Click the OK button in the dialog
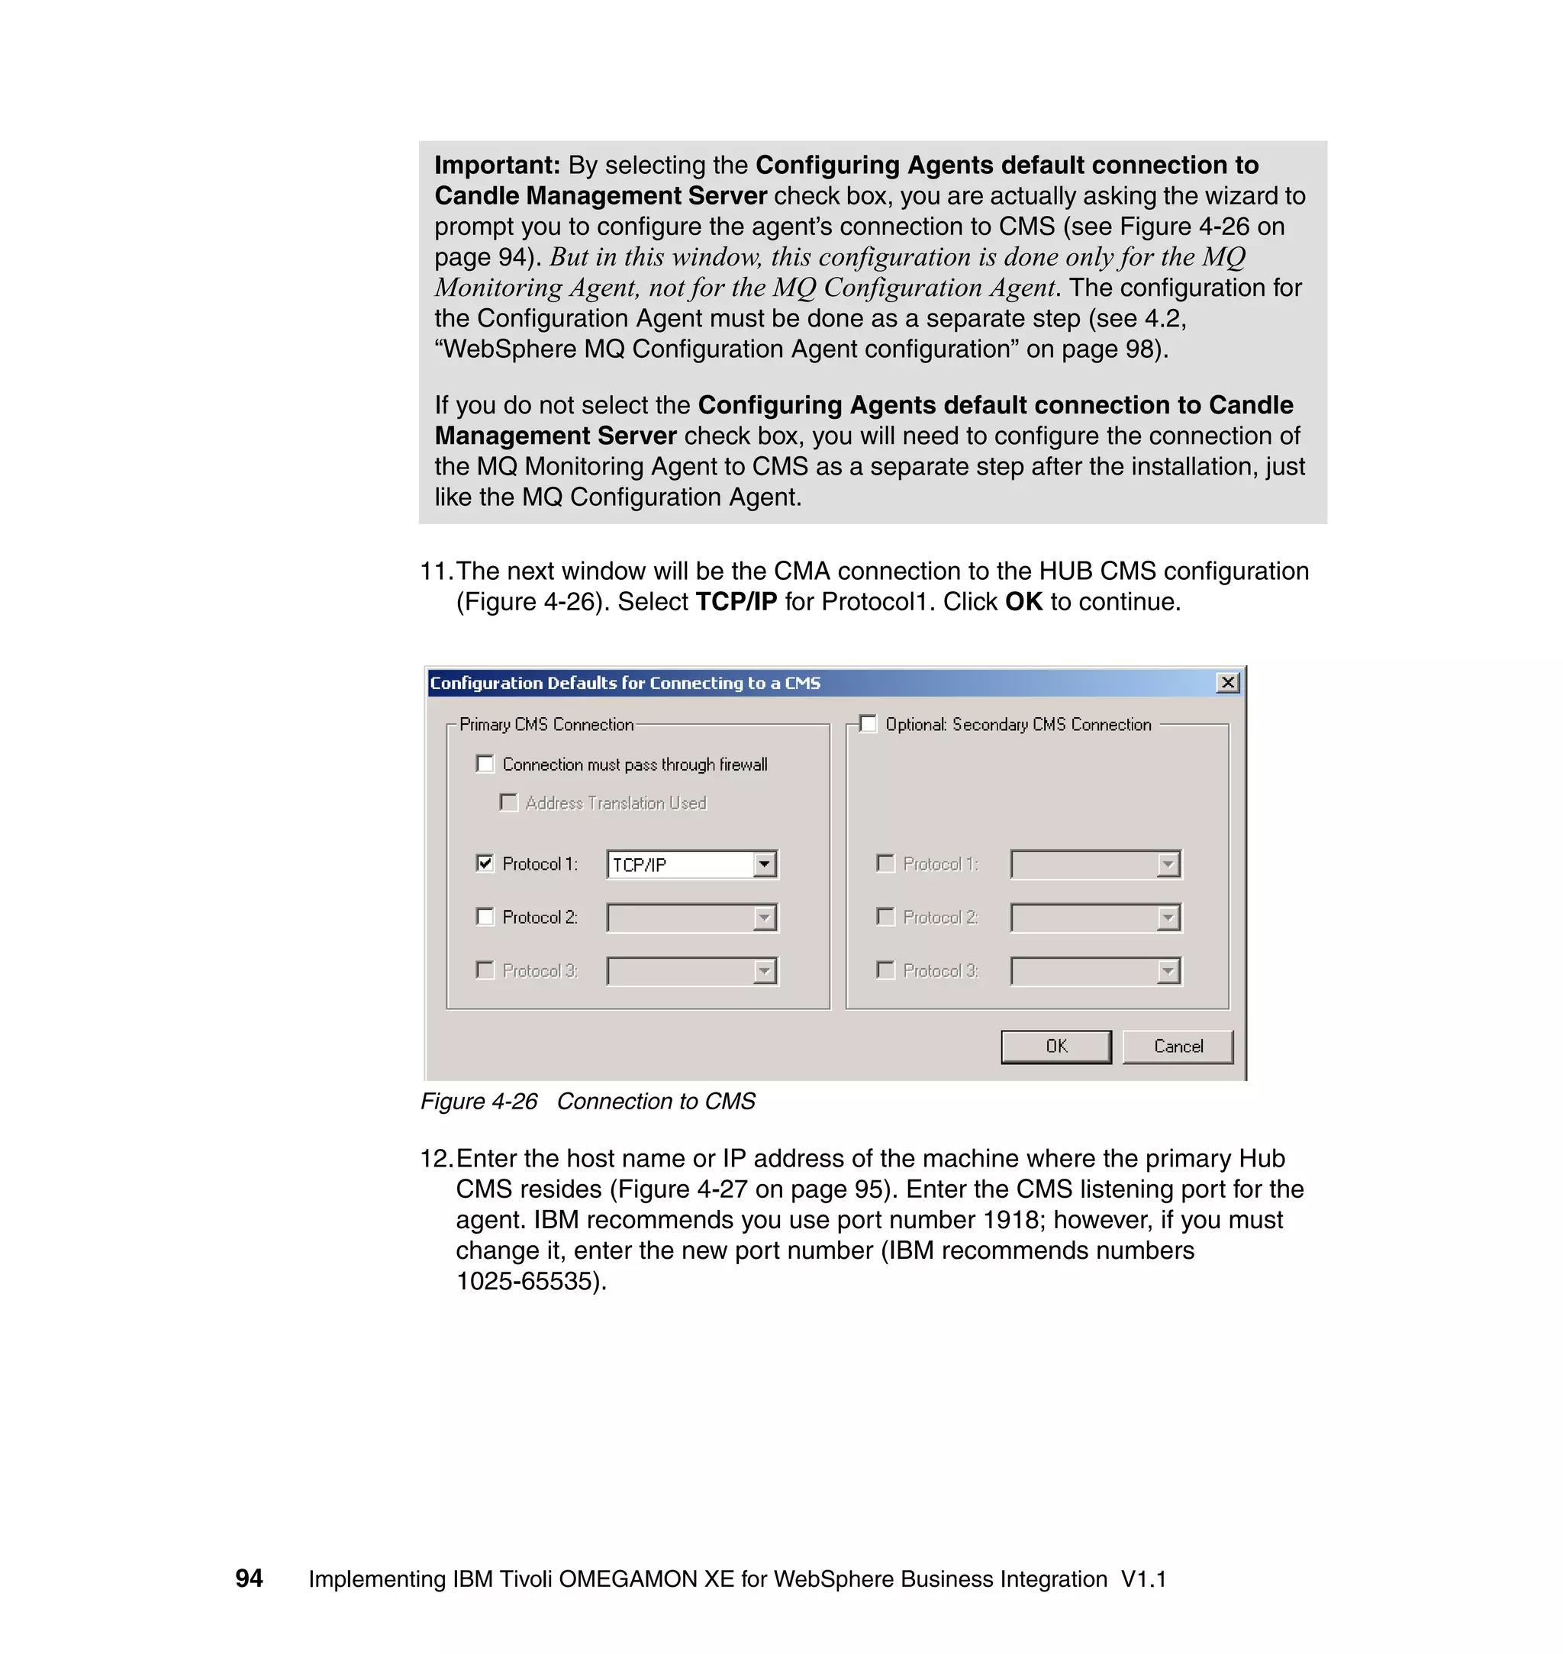1055,1047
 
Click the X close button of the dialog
1227,683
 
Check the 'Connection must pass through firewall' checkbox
485,764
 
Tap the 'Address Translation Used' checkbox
508,802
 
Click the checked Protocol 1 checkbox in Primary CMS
485,864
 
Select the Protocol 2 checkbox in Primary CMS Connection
485,917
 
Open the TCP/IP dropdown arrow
764,864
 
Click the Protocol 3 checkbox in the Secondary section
885,970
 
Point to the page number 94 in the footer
249,1578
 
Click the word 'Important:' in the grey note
498,165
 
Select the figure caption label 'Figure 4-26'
479,1101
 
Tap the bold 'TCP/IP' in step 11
736,601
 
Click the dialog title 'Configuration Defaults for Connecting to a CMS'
625,683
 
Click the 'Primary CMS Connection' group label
546,725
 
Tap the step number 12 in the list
435,1158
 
